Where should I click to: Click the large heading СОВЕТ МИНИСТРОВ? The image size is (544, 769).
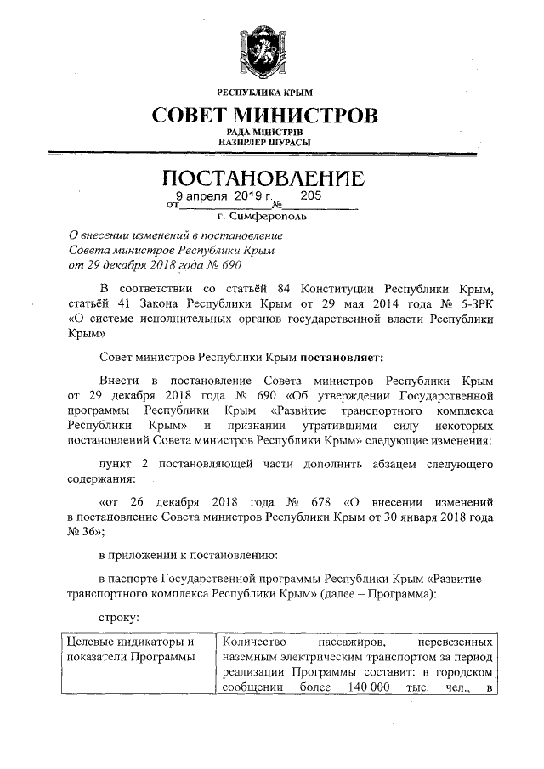coord(265,114)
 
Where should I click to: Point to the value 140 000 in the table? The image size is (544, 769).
coord(365,687)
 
